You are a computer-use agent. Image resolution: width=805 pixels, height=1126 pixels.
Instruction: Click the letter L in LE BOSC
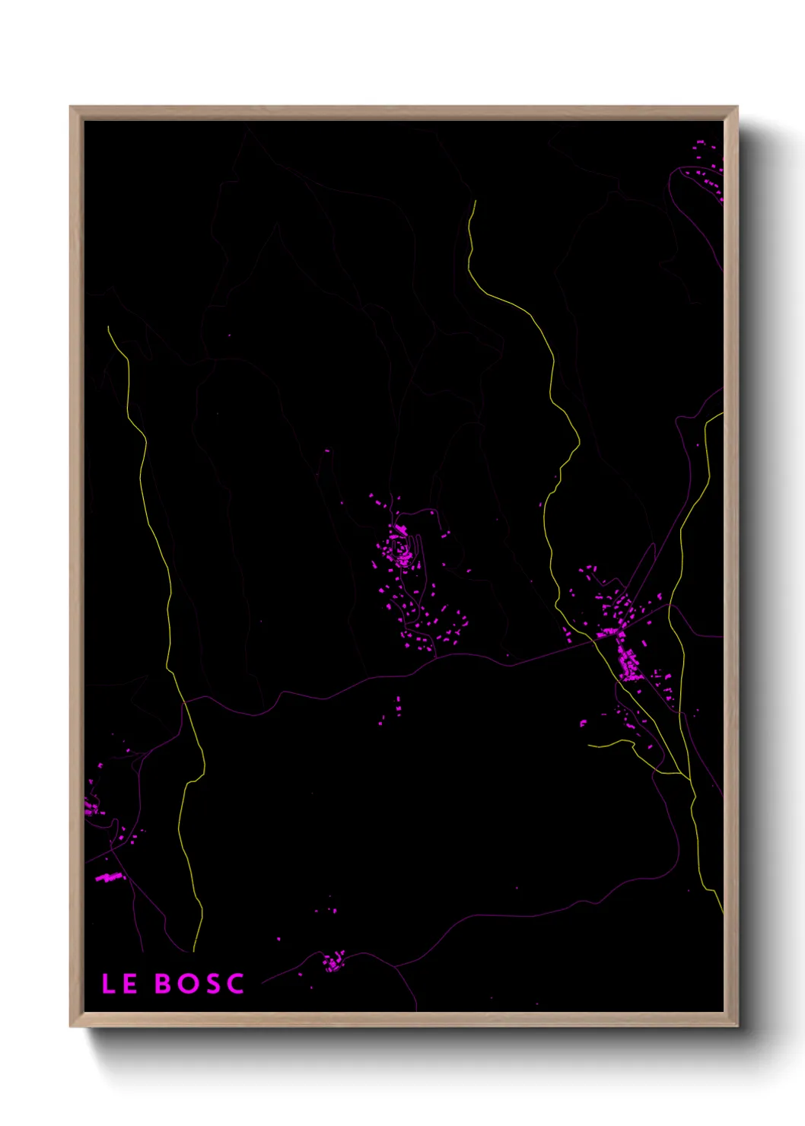108,984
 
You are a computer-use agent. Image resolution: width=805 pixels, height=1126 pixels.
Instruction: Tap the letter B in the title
163,984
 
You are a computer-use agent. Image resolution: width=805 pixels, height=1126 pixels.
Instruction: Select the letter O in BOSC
188,984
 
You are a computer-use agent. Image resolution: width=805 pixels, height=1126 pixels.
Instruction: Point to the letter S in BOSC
212,984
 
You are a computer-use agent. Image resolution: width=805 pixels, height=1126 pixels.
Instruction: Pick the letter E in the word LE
129,984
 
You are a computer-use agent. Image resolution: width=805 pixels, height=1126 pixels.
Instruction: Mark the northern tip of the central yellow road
476,202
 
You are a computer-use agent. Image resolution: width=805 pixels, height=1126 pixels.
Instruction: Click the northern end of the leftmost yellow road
109,327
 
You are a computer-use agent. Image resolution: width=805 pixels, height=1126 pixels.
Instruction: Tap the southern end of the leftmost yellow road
194,951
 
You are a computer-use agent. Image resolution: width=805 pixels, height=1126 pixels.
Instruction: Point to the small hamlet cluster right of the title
334,962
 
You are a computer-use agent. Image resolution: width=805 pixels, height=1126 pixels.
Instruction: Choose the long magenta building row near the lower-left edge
109,877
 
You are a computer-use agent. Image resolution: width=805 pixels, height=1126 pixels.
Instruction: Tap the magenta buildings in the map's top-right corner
708,171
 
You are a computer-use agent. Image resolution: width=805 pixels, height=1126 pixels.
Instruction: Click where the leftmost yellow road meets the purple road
184,701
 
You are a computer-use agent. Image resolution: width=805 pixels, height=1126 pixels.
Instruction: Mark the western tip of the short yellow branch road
589,745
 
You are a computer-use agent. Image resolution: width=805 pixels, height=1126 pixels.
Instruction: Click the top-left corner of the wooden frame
71,107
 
